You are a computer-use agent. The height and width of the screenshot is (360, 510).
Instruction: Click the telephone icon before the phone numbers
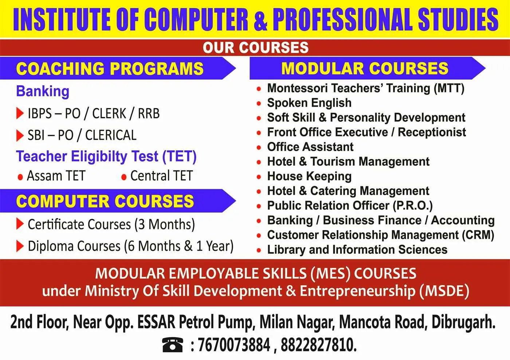point(173,344)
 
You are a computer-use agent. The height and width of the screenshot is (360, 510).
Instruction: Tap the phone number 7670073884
point(234,345)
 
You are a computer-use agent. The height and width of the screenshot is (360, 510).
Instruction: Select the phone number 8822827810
point(318,345)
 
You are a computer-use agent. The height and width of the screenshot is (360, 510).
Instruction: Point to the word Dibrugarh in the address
point(463,322)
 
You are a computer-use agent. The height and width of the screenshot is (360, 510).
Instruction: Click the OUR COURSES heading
point(255,48)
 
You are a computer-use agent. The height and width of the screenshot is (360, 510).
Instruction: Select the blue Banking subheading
point(43,91)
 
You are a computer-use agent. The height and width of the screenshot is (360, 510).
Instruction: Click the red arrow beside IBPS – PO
point(20,114)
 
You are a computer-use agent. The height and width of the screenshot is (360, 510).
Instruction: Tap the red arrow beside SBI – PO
point(20,135)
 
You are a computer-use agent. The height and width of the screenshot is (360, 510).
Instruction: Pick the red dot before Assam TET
point(20,177)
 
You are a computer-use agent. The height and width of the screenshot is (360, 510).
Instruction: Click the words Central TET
point(161,176)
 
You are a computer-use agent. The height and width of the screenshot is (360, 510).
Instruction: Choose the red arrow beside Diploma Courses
point(20,246)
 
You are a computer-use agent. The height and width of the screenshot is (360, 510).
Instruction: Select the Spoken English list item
point(309,103)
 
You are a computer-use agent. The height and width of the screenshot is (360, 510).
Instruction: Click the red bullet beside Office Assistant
point(259,148)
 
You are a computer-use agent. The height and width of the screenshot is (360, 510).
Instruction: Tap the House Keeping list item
point(309,177)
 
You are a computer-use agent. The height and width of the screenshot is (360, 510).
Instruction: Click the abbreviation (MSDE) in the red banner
point(444,291)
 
